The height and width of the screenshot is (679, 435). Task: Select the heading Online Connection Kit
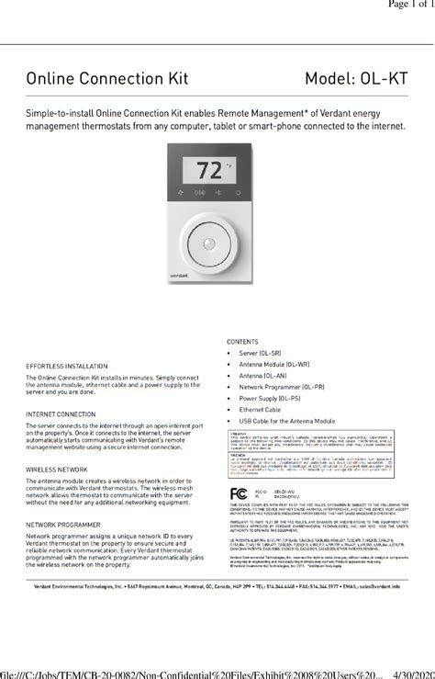pos(106,79)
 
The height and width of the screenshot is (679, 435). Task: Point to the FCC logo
pos(240,493)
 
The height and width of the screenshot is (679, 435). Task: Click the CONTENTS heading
pos(242,341)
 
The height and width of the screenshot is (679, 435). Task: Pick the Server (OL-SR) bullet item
pos(262,353)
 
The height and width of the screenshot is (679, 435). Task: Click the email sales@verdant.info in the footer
pos(375,585)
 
